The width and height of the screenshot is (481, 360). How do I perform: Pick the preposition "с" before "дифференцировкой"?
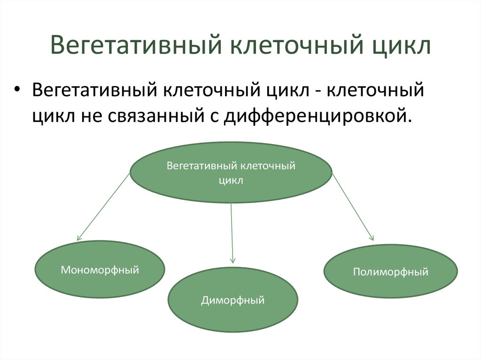click(210, 114)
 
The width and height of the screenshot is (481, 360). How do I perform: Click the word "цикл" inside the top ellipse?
click(231, 180)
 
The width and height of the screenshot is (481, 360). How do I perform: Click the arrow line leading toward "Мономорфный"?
click(103, 207)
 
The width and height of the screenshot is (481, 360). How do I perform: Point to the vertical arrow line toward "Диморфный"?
click(232, 230)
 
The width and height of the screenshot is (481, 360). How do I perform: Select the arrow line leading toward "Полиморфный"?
click(353, 207)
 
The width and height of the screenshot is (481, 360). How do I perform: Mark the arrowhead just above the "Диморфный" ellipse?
click(232, 260)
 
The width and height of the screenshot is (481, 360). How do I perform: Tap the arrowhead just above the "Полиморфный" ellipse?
click(372, 238)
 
